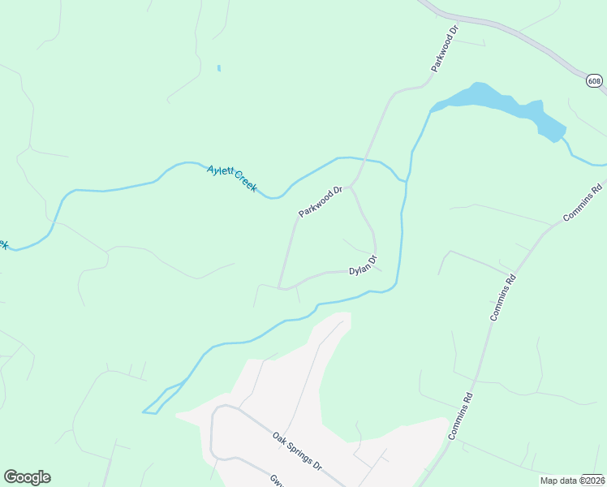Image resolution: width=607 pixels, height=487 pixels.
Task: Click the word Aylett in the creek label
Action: pos(220,171)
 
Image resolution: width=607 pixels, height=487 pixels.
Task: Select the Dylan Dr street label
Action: pos(364,265)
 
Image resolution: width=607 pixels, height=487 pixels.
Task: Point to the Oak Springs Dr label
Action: pos(298,451)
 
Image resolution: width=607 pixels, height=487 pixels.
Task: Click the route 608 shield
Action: pos(595,80)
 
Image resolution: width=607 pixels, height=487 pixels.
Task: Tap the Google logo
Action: pos(27,477)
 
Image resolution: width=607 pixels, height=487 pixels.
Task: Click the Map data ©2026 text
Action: pos(572,481)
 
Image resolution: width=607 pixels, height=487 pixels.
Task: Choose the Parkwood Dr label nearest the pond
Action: pos(446,49)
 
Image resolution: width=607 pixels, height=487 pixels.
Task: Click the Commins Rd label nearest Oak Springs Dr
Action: pos(460,416)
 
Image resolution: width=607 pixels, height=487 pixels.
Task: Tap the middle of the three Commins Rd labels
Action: pos(503,297)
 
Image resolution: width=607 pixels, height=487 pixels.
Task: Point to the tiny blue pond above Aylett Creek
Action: pos(219,68)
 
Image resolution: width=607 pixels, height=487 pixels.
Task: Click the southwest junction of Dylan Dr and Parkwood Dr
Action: pos(280,287)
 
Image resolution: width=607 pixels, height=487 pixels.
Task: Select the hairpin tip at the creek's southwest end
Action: pos(144,412)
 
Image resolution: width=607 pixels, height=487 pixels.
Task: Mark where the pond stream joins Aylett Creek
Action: pos(405,180)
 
